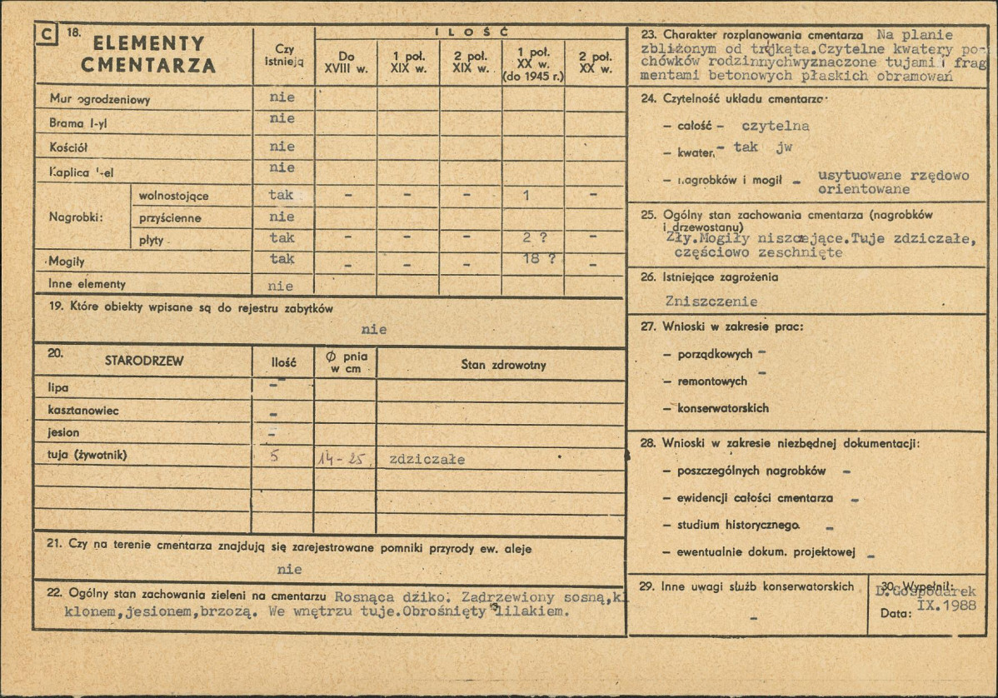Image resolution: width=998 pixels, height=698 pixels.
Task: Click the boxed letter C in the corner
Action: pos(47,36)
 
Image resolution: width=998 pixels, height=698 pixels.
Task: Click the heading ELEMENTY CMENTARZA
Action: pos(148,54)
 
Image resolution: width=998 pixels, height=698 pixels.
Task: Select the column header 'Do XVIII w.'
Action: pos(347,62)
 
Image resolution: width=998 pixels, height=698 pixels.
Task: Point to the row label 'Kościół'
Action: pos(69,147)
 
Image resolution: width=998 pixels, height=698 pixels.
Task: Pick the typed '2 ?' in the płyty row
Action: pos(534,237)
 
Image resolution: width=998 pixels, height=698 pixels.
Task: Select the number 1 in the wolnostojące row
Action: pos(526,195)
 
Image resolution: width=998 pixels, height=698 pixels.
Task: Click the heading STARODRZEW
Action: pos(144,361)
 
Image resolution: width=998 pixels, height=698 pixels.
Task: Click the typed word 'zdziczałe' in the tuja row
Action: pos(427,459)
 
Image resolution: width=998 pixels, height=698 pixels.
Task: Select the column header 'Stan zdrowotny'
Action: pos(503,365)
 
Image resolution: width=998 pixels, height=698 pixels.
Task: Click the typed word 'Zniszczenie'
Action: pos(711,302)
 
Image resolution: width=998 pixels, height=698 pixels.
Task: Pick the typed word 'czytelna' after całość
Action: pos(775,127)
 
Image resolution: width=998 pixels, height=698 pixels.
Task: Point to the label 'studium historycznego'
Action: pos(739,526)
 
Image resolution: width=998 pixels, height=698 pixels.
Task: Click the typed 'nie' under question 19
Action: pos(374,329)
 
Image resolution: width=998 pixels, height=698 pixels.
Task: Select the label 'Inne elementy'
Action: pos(87,284)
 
